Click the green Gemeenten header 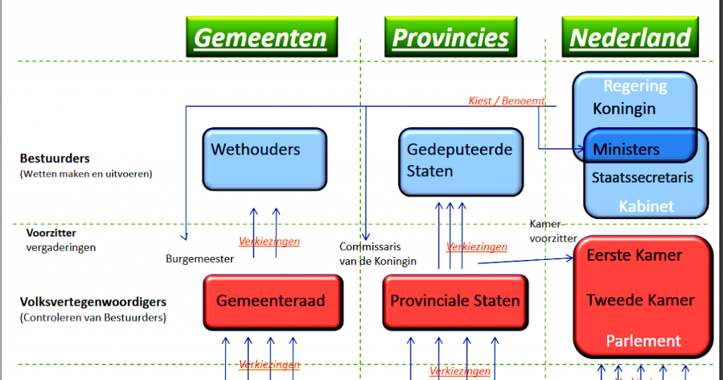coord(261,37)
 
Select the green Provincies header coord(450,37)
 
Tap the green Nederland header coord(630,37)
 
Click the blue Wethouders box coord(264,159)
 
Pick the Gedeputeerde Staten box coord(460,161)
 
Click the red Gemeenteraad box coord(272,301)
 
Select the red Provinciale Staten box coord(455,301)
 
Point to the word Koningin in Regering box coord(624,109)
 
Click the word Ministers coord(626,149)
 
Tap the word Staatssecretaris coord(642,177)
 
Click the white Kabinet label coord(646,206)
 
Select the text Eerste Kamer coord(634,255)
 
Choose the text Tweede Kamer coord(640,300)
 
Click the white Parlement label coord(643,340)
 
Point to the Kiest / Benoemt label coord(506,101)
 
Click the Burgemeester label coord(200,259)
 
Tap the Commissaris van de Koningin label coord(378,254)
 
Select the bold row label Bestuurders coord(55,159)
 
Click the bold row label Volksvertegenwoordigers coord(93,302)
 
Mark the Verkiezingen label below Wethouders coord(269,242)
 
